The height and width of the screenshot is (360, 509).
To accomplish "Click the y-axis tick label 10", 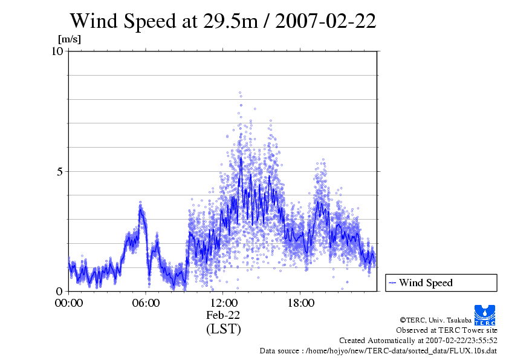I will (57, 51).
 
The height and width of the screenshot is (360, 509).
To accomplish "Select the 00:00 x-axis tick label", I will (69, 303).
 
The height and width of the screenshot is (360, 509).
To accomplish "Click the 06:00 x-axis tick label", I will (146, 303).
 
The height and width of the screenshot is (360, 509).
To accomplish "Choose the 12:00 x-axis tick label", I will (223, 303).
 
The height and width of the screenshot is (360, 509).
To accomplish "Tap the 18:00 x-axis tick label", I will (300, 303).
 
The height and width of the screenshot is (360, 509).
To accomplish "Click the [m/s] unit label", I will (69, 39).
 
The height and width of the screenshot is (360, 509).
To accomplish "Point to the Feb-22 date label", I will (223, 315).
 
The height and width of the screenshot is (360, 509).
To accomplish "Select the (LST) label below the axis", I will (223, 329).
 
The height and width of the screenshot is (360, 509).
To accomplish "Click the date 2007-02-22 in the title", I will (327, 21).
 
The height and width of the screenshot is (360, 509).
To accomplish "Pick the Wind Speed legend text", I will (426, 283).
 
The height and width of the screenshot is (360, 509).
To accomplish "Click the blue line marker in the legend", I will (392, 283).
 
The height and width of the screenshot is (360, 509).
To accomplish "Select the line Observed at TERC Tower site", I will (447, 330).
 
